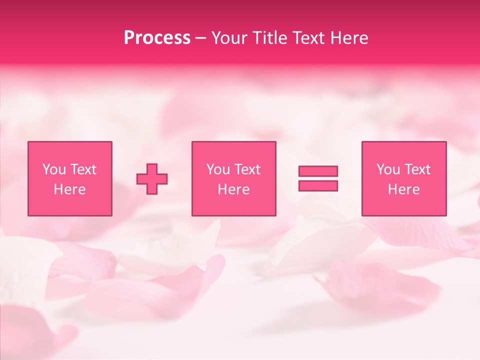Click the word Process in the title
[157, 38]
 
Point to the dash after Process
[200, 38]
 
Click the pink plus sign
[152, 178]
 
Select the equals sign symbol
[318, 178]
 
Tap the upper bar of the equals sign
[318, 171]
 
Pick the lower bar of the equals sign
[318, 186]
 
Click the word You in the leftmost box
[54, 169]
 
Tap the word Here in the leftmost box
[70, 189]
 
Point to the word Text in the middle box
[247, 169]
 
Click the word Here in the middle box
[234, 189]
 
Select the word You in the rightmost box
[388, 169]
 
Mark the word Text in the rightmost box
[417, 169]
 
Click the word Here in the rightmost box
[404, 189]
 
